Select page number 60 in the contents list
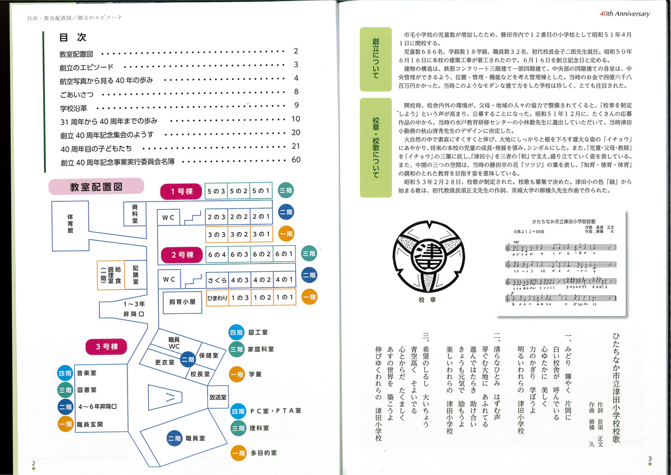[296, 160]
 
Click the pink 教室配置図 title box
[96, 187]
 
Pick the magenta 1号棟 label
[177, 192]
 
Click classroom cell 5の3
[216, 191]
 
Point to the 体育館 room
[70, 223]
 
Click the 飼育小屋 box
[182, 302]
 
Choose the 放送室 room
[219, 397]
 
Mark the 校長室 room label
[200, 374]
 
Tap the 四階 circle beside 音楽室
[65, 373]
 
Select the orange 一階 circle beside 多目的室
[238, 453]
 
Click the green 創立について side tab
[375, 58]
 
